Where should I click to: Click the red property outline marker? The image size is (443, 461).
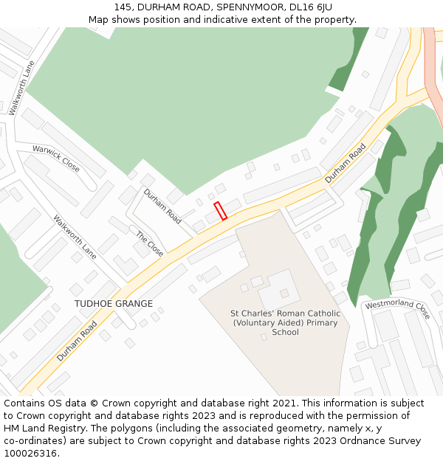click(220, 211)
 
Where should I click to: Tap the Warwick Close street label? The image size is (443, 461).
click(56, 158)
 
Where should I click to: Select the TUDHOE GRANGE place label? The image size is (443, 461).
click(114, 304)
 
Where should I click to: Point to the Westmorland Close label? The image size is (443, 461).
click(397, 309)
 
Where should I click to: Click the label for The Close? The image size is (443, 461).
click(150, 243)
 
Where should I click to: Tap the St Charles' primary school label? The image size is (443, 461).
click(286, 322)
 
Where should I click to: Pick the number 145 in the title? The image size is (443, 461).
click(123, 7)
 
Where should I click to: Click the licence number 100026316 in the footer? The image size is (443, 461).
click(30, 454)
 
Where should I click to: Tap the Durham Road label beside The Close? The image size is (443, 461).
click(162, 207)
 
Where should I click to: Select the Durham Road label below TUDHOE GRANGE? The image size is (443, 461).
click(77, 341)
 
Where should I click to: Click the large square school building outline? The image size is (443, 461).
click(279, 288)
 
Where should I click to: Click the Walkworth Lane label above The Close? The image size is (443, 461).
click(75, 237)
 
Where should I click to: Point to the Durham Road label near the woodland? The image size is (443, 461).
click(346, 164)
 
